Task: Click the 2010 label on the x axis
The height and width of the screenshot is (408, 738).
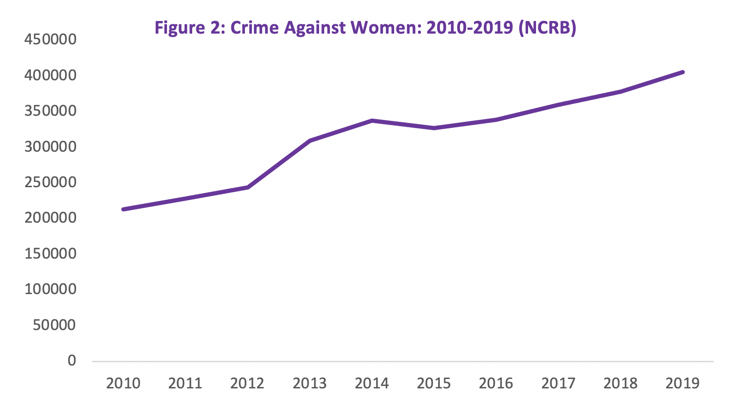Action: tap(123, 383)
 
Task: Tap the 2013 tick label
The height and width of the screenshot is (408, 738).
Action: tap(310, 383)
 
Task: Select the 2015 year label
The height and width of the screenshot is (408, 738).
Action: tap(434, 383)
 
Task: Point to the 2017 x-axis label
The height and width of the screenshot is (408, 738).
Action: tap(558, 383)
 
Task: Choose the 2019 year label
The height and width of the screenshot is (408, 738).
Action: tap(682, 383)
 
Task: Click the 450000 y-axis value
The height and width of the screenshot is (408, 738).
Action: tap(50, 39)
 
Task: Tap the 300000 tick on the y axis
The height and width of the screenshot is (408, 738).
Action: tap(50, 147)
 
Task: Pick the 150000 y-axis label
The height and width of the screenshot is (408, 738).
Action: tap(50, 253)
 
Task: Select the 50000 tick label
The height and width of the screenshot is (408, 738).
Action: tap(54, 325)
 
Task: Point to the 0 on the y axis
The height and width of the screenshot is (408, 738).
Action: tap(71, 360)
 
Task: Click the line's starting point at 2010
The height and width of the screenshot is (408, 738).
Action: tap(123, 209)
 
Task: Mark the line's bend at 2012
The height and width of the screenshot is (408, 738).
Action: tap(248, 187)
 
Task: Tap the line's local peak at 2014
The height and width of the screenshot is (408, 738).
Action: tap(372, 120)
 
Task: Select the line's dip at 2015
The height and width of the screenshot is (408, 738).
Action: tap(434, 128)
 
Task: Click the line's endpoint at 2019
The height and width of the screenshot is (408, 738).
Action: tap(682, 72)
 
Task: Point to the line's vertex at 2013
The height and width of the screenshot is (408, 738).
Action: tap(310, 141)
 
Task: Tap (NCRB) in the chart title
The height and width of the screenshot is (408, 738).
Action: tap(547, 28)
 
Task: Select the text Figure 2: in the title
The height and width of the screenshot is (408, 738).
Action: tap(190, 28)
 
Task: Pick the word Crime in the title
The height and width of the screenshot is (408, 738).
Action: tap(255, 28)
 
